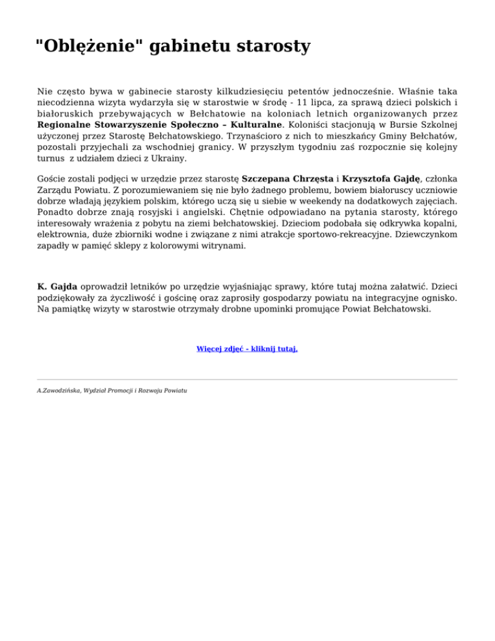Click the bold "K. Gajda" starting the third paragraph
point(59,286)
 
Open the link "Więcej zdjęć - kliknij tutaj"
point(247,349)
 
